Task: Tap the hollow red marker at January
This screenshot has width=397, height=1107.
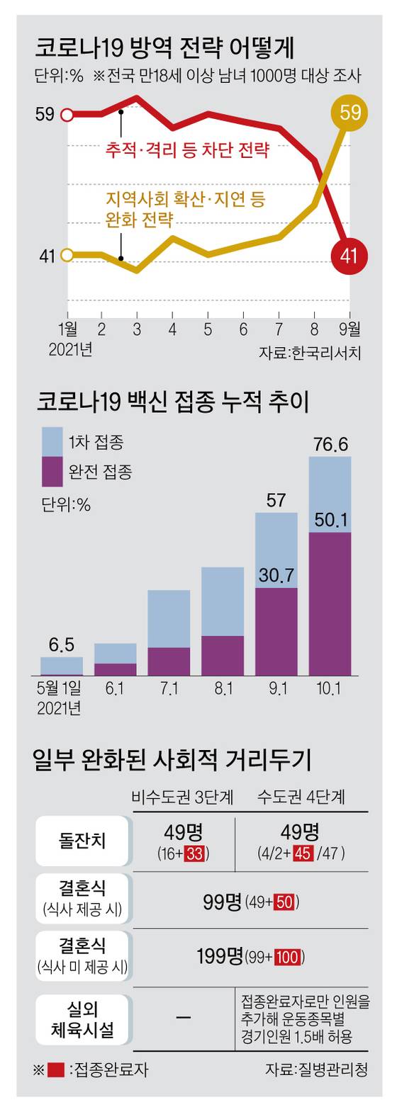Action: (x=67, y=114)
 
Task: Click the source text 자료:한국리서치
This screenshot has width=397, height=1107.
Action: (x=313, y=352)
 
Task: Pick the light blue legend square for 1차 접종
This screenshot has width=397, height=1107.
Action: (x=52, y=441)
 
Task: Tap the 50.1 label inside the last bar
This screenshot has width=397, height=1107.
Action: (x=330, y=521)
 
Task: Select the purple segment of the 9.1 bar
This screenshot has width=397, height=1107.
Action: (x=276, y=630)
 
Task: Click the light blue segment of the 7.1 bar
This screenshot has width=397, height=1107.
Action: (x=168, y=618)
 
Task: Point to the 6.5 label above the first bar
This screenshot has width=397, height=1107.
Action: (x=62, y=645)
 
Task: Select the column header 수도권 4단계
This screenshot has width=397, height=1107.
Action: (x=301, y=797)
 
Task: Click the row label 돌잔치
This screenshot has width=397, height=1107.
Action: (x=82, y=840)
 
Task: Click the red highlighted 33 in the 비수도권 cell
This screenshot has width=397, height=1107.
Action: (x=194, y=854)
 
